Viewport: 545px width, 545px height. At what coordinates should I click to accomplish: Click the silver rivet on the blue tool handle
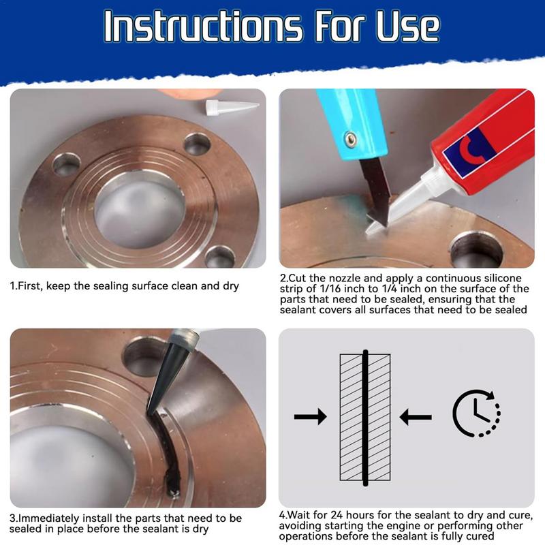(349, 138)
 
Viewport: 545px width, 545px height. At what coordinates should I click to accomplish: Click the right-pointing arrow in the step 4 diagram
(310, 417)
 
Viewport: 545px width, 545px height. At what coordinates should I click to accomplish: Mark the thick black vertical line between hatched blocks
(366, 417)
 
